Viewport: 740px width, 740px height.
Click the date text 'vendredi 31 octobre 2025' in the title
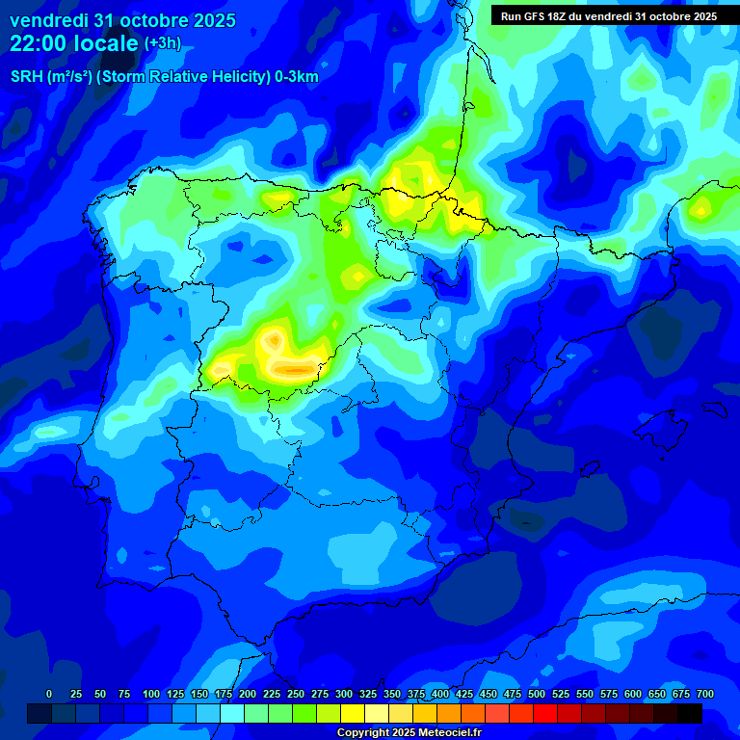pyautogui.click(x=122, y=21)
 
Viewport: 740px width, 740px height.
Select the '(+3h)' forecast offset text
pyautogui.click(x=162, y=43)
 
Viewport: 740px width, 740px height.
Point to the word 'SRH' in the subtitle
pyautogui.click(x=26, y=77)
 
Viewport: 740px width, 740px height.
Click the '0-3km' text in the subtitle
pyautogui.click(x=297, y=77)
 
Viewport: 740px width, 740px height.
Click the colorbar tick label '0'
pyautogui.click(x=49, y=694)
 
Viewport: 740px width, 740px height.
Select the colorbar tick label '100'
pyautogui.click(x=151, y=694)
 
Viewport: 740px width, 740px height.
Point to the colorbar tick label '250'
pyautogui.click(x=296, y=694)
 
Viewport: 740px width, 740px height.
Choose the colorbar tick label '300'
pyautogui.click(x=344, y=694)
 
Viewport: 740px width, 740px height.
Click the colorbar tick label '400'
pyautogui.click(x=440, y=694)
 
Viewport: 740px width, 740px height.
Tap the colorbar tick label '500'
pyautogui.click(x=537, y=694)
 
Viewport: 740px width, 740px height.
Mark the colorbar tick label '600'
pyautogui.click(x=633, y=694)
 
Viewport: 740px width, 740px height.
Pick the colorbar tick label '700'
pyautogui.click(x=705, y=694)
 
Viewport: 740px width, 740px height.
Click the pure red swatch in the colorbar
pyautogui.click(x=545, y=714)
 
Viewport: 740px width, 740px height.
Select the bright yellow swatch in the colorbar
pyautogui.click(x=353, y=714)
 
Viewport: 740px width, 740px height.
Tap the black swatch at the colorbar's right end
pyautogui.click(x=690, y=714)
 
